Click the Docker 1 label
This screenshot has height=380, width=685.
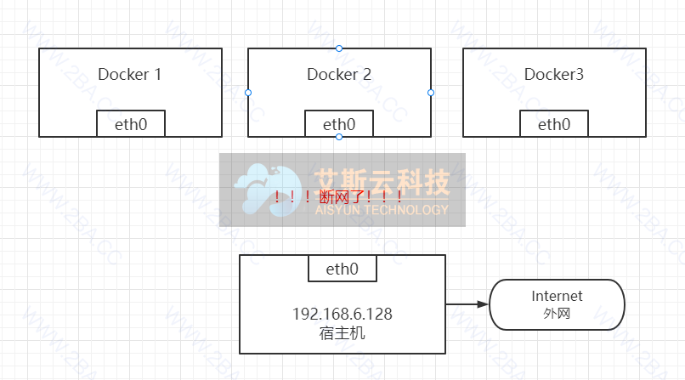coord(130,74)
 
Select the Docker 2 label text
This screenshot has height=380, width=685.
coord(339,74)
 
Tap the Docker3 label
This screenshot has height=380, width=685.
coord(554,74)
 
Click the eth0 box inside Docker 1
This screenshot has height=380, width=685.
coord(130,124)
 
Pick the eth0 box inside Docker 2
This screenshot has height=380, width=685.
coord(339,124)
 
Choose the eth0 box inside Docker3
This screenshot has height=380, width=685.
coord(554,124)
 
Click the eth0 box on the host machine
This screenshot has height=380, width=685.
coord(342,269)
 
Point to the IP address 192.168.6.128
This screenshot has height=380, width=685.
coord(342,314)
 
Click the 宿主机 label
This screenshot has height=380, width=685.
coord(342,332)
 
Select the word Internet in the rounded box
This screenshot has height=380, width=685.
coord(557,296)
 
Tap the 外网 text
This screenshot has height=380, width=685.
coord(557,314)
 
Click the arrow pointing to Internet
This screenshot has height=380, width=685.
coord(467,304)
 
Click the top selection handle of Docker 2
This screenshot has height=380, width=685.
coord(339,48)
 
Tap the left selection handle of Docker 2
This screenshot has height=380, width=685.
coord(248,92)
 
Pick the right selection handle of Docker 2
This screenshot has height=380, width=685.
coord(431,92)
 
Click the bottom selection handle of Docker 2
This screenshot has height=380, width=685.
coord(339,137)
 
